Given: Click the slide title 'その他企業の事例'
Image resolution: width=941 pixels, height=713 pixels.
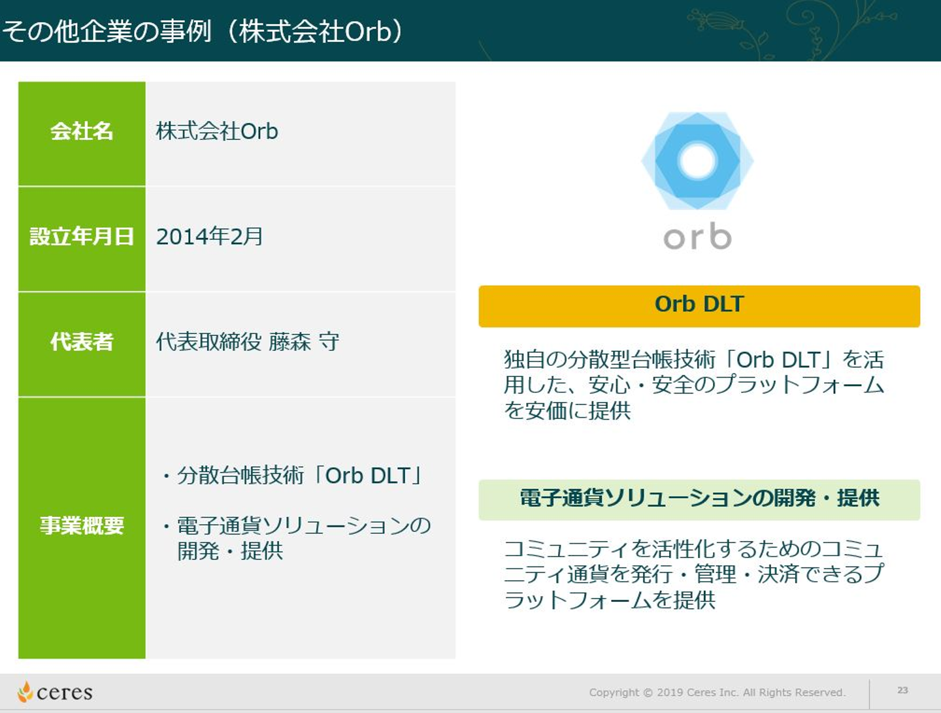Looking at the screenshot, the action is (x=107, y=31).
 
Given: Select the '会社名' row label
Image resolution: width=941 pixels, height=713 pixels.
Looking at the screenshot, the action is (x=82, y=131).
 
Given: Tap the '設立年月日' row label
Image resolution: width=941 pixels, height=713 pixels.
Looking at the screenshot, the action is (x=82, y=237).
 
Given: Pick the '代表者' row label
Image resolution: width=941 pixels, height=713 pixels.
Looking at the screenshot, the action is (x=82, y=342).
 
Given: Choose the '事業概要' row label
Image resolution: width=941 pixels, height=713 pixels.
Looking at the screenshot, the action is (x=82, y=525).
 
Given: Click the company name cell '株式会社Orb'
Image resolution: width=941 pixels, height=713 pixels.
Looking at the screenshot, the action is (x=217, y=131).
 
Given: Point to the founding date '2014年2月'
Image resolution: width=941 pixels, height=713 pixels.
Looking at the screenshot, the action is (x=209, y=237).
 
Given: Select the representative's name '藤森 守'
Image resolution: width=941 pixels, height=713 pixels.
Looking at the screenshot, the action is (x=304, y=342).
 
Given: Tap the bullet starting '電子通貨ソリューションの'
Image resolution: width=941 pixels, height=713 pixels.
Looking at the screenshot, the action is (x=297, y=538).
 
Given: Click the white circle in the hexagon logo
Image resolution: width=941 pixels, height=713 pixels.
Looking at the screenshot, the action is (x=697, y=161).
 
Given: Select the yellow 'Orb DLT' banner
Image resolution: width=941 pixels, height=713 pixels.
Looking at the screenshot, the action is (x=699, y=306).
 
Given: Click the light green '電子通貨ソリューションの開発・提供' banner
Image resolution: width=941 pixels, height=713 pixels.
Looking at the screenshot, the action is (x=699, y=500).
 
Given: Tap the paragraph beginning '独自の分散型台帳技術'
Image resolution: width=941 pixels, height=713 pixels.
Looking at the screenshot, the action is (x=693, y=384).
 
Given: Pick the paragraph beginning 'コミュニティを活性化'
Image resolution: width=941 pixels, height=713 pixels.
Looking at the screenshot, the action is (x=693, y=574).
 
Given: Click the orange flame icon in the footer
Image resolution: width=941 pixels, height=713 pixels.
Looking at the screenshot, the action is (x=25, y=691).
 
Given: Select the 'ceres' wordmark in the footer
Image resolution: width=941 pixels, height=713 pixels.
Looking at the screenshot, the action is (x=64, y=693).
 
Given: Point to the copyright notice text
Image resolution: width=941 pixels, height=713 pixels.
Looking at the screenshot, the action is (x=717, y=693).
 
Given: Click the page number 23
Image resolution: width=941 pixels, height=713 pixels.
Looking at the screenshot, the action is (x=902, y=690).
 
